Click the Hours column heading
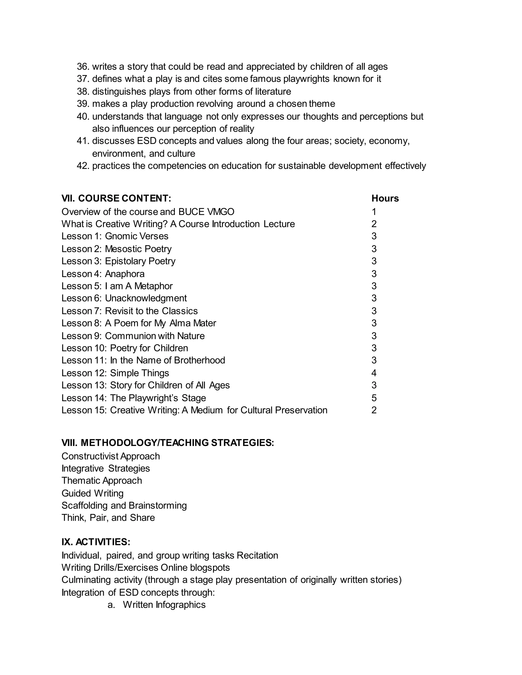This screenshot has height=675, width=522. tap(385, 198)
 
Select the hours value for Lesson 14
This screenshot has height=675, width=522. tap(374, 398)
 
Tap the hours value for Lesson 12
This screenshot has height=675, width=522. tap(374, 373)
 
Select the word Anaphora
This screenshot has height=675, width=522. tap(125, 274)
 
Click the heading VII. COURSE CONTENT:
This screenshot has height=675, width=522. tap(116, 198)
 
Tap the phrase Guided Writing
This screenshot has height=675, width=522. tap(93, 493)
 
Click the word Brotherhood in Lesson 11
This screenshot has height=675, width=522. tap(200, 360)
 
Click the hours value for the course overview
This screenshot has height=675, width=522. tap(374, 212)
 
